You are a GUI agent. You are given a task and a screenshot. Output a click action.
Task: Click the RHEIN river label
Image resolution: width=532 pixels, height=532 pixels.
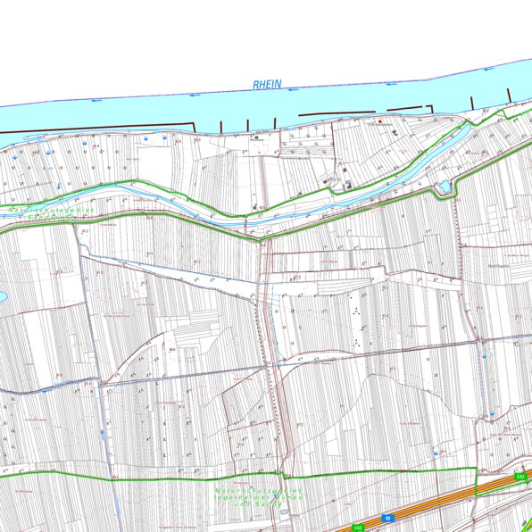267,85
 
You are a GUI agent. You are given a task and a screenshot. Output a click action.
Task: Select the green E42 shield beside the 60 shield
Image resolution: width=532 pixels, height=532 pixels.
360,526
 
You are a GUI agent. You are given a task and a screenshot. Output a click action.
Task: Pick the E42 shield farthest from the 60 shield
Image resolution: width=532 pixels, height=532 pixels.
520,478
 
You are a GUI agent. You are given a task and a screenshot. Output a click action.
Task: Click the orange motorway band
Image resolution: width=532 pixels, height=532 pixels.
428,504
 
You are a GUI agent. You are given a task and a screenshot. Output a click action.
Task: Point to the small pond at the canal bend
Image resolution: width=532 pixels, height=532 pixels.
443,187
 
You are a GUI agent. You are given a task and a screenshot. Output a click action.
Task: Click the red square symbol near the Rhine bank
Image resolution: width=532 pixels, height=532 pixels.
380,121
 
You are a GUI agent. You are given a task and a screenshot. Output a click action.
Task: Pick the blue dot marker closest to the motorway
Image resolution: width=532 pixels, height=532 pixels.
436,453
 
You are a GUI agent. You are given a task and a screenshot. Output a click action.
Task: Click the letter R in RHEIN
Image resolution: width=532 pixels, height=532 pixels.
255,86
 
